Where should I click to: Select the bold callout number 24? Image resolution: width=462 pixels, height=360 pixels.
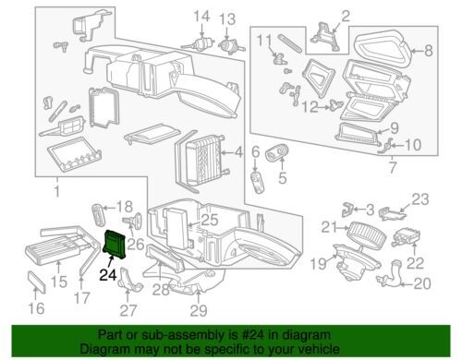click(108, 275)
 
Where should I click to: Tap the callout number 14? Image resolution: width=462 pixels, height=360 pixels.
click(201, 17)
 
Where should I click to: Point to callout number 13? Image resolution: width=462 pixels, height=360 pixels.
click(227, 19)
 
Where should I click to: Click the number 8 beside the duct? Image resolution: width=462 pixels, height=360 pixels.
click(429, 51)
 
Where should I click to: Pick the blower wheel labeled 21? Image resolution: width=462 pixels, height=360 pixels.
click(367, 233)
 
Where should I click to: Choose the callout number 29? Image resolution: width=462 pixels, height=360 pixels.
click(199, 310)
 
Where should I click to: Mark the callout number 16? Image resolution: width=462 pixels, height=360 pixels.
click(36, 308)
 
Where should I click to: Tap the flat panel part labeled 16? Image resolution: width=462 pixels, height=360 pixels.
click(38, 282)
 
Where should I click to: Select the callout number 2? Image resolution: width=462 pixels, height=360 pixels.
click(346, 16)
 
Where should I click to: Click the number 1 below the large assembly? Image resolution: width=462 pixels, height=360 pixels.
click(57, 191)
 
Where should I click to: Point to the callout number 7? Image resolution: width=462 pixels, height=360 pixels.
click(393, 167)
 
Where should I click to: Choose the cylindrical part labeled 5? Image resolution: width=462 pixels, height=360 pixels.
click(276, 152)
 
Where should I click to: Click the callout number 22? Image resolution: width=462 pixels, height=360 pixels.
click(415, 263)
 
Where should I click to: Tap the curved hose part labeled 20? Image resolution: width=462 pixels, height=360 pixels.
click(390, 276)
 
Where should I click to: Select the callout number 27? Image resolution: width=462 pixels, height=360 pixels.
click(128, 310)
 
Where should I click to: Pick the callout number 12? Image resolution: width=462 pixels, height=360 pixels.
click(310, 107)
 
